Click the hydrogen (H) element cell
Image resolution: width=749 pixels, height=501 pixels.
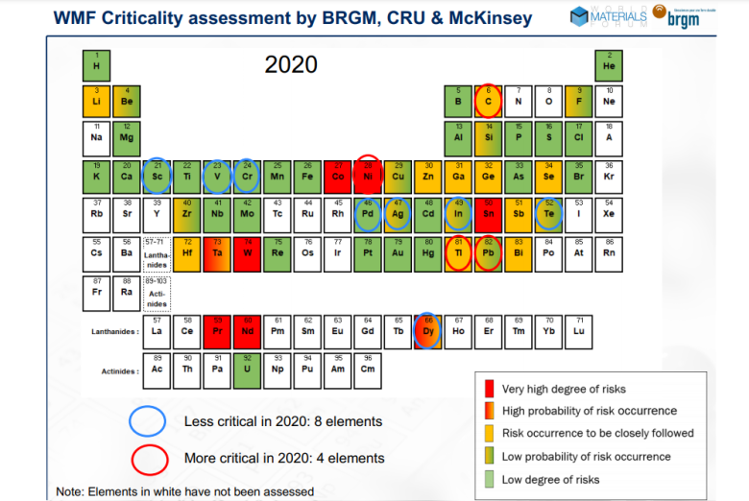[96, 64]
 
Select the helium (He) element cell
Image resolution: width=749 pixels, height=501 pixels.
[608, 64]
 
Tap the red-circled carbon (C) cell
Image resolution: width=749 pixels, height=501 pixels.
[489, 98]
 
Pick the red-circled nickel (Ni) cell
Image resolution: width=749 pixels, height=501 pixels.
[369, 175]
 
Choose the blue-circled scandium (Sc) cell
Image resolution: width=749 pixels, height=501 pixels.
[157, 175]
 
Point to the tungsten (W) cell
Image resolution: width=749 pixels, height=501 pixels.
[248, 250]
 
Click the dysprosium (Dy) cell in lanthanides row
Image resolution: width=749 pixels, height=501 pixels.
[428, 331]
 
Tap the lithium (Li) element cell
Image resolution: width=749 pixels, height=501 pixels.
[96, 98]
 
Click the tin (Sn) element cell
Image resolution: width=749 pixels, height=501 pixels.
[489, 213]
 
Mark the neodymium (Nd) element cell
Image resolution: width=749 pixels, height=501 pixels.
[248, 331]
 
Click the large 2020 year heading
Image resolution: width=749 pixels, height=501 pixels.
[291, 64]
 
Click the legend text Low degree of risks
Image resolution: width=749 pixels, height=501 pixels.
[549, 479]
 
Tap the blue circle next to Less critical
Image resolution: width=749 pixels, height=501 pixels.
[150, 421]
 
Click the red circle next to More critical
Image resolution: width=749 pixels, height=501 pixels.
[150, 457]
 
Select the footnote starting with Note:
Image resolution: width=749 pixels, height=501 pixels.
[185, 491]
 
